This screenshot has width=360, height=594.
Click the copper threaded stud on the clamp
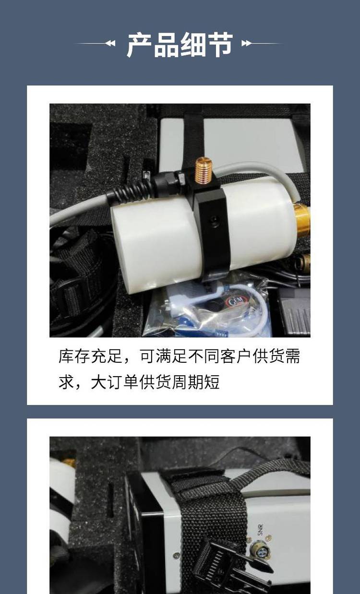coord(204,170)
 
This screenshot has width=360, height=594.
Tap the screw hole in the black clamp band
coord(214,220)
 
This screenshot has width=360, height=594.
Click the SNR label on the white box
coord(260,530)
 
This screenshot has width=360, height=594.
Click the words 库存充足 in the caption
coord(90,356)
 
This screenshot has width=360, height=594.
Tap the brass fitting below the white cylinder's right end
coord(304,261)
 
